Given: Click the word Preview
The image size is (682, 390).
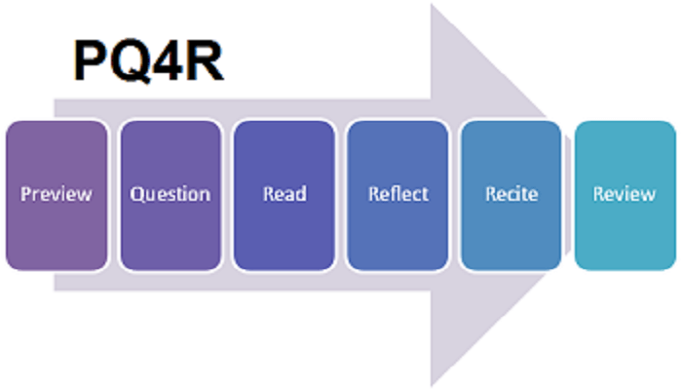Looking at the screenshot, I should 57,193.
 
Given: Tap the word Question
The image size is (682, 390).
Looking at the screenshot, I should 170,193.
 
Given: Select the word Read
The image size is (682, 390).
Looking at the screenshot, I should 284,193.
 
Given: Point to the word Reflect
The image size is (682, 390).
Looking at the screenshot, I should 398,193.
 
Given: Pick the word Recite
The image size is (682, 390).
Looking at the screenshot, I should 511,193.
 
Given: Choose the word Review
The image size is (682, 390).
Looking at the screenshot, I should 625,193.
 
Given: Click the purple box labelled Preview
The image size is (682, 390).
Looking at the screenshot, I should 57,234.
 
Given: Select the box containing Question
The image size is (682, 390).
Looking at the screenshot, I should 170,234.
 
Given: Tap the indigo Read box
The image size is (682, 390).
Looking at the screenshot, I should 284,234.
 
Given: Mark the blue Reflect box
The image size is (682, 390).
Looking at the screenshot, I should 398,234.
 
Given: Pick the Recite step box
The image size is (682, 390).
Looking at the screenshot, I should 511,234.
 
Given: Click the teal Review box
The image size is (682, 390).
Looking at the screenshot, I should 625,234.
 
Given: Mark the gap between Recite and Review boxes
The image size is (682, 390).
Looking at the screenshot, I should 568,195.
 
